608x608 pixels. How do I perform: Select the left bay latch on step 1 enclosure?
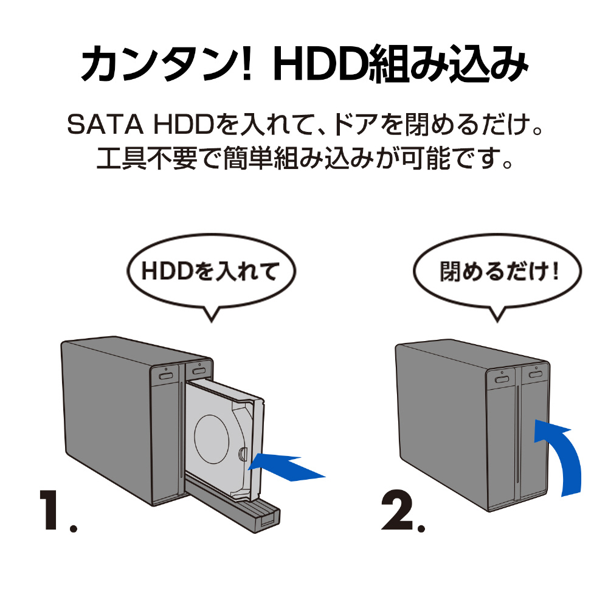(x=165, y=375)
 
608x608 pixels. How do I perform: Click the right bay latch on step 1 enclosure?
(x=198, y=370)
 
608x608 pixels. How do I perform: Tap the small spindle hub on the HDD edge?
(x=243, y=454)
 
